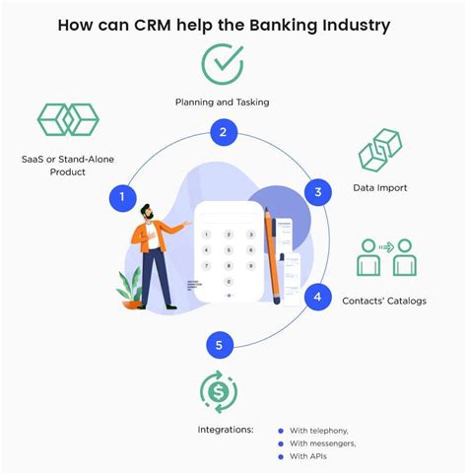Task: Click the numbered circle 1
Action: [x=121, y=197]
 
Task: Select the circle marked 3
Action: [x=317, y=193]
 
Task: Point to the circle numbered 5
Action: [x=221, y=345]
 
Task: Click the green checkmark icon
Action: [x=223, y=64]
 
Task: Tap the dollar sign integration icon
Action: [x=219, y=391]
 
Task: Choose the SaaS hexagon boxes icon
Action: [x=68, y=119]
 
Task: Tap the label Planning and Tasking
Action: [x=223, y=102]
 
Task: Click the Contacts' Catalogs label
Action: [x=384, y=301]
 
